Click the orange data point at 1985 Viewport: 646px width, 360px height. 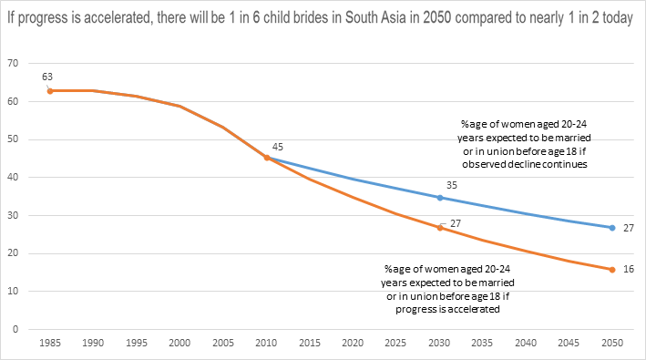50,91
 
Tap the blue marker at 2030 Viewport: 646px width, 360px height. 439,198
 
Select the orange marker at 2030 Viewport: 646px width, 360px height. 439,228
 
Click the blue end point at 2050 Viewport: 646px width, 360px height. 612,228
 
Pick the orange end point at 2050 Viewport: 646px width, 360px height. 612,270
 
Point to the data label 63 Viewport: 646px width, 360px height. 47,77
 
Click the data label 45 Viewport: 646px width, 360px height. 278,147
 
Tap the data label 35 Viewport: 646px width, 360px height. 452,185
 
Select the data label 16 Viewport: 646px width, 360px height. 629,269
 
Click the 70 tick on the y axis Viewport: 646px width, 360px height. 13,63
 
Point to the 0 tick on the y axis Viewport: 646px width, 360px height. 15,329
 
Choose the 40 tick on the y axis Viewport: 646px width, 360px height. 13,177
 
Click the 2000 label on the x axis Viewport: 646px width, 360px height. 179,343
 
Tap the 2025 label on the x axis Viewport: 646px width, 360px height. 395,343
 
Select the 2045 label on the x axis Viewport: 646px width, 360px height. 569,343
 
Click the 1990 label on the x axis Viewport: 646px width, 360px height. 93,343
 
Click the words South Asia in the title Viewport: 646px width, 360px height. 375,17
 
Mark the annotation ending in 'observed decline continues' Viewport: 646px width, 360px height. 524,144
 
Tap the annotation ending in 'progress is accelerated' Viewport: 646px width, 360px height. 447,289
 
